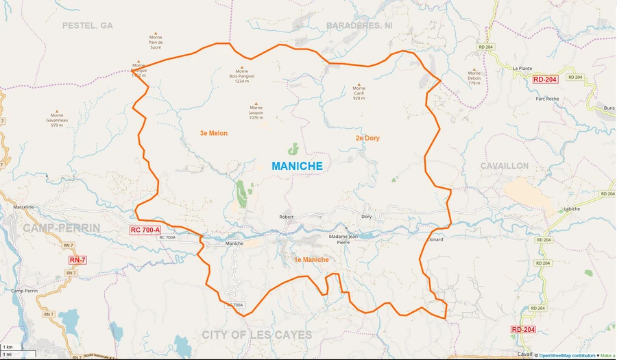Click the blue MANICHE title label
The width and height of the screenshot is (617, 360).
[297, 166]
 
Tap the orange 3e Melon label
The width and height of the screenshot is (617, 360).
[213, 133]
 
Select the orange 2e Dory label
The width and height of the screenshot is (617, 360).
[367, 138]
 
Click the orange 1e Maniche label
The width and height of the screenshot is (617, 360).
[311, 260]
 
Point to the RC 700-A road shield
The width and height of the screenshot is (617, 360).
[145, 230]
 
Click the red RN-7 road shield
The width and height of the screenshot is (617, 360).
[77, 261]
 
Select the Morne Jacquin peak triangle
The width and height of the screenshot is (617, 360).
[256, 104]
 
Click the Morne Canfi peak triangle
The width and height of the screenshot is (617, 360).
[359, 81]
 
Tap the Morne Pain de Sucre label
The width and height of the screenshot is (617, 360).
[155, 43]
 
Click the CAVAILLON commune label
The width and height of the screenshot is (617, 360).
[504, 166]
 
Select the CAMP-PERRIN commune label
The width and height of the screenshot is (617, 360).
[61, 228]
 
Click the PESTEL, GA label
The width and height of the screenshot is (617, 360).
[87, 25]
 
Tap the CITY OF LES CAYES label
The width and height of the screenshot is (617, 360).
[256, 335]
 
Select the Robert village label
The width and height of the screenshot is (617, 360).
[286, 217]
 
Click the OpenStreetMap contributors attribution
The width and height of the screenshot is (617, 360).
[566, 355]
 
